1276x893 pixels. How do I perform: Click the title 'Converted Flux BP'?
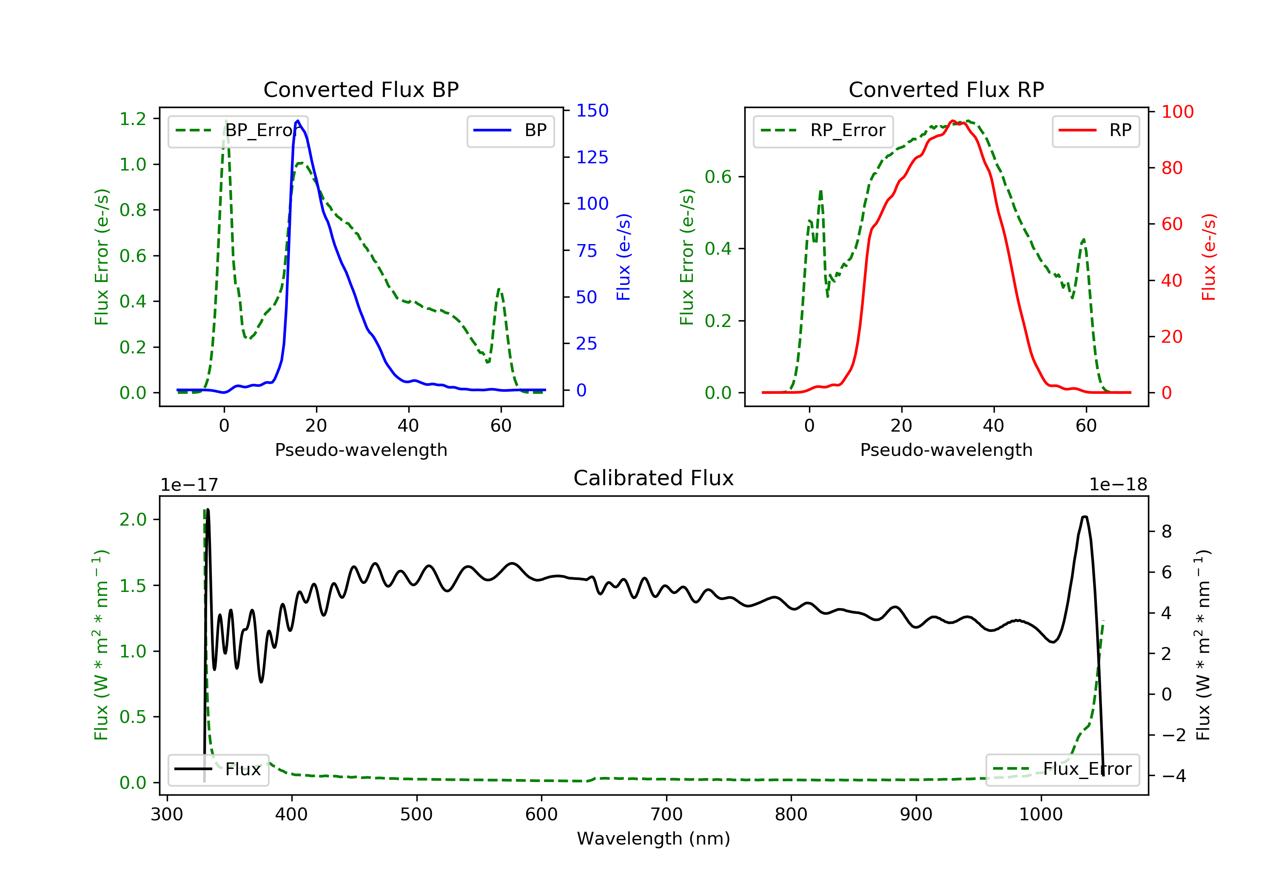click(x=361, y=89)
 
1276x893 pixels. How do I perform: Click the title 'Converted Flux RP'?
click(x=946, y=89)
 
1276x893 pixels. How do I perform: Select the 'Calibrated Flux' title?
click(x=654, y=478)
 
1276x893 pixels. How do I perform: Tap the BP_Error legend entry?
click(x=238, y=131)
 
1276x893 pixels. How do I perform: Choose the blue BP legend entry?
click(x=510, y=131)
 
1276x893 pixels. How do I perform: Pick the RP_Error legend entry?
click(x=823, y=131)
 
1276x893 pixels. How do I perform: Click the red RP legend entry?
click(x=1095, y=131)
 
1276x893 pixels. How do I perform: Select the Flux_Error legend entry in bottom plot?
click(x=1062, y=769)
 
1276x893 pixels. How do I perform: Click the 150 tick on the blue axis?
click(x=592, y=111)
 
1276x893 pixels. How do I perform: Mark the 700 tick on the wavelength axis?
click(x=666, y=814)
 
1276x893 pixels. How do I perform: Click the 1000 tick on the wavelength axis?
click(x=1041, y=814)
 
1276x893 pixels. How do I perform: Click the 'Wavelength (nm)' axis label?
click(x=654, y=839)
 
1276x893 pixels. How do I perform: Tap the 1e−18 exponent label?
click(x=1118, y=485)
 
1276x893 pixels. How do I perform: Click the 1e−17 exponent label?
click(x=190, y=485)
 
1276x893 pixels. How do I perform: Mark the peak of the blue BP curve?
click(x=298, y=121)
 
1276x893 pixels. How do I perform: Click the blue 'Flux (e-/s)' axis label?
click(x=624, y=257)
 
